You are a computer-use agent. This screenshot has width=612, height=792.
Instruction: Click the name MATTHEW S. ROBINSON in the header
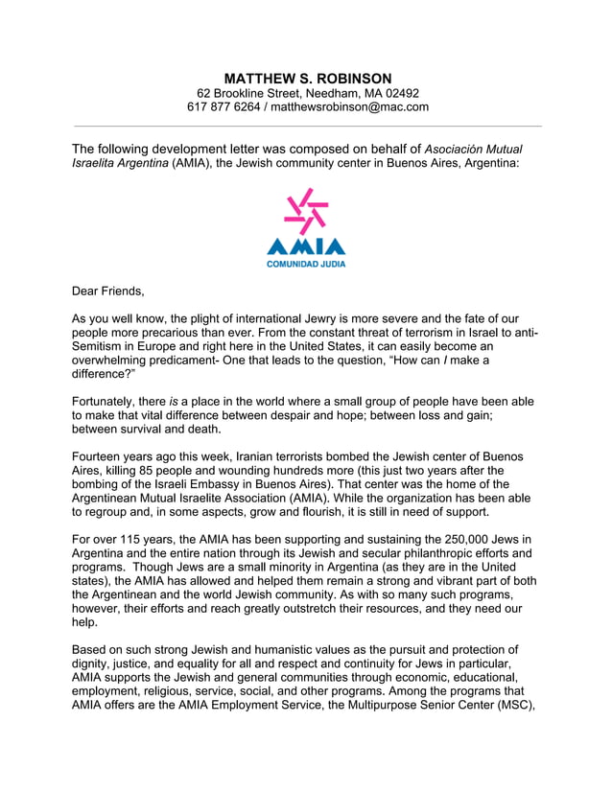tap(307, 78)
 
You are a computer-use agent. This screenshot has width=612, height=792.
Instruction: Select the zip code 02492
tap(400, 93)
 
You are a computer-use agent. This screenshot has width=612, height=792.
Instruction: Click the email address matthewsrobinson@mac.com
tap(349, 107)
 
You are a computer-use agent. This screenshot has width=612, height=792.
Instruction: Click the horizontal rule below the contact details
tap(307, 126)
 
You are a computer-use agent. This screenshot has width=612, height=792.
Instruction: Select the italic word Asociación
tap(459, 149)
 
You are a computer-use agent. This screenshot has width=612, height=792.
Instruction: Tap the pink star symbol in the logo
tap(307, 210)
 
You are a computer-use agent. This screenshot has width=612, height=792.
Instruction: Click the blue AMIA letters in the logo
tap(306, 246)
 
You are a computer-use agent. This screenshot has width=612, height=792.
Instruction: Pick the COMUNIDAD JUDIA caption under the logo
tap(306, 264)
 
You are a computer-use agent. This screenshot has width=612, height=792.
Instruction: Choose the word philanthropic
tap(405, 553)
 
